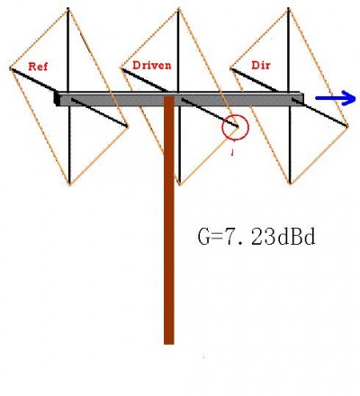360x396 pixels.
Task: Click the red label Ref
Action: point(38,67)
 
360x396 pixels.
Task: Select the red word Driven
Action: point(152,66)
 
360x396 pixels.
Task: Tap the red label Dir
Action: point(261,66)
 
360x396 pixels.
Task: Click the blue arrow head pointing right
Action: point(349,98)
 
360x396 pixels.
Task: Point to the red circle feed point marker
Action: point(222,128)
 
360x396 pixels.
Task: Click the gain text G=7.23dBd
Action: point(256,237)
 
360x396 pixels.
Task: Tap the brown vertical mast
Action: point(169,220)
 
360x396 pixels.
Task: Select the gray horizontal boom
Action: point(181,99)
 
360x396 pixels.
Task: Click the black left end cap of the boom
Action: point(57,99)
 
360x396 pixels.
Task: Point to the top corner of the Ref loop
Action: point(68,10)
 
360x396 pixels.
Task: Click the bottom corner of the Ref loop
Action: point(69,184)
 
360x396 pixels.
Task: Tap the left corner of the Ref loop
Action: point(11,68)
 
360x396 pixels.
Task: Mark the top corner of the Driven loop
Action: point(179,10)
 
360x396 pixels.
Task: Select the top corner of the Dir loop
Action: point(289,10)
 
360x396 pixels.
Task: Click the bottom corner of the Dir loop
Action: point(290,184)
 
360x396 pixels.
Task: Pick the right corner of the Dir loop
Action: point(347,126)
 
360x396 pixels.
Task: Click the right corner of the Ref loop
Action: point(128,127)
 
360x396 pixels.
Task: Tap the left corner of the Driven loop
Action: point(121,68)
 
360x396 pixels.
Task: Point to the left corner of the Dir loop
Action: point(230,68)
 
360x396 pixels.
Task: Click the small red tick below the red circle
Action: point(232,153)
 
